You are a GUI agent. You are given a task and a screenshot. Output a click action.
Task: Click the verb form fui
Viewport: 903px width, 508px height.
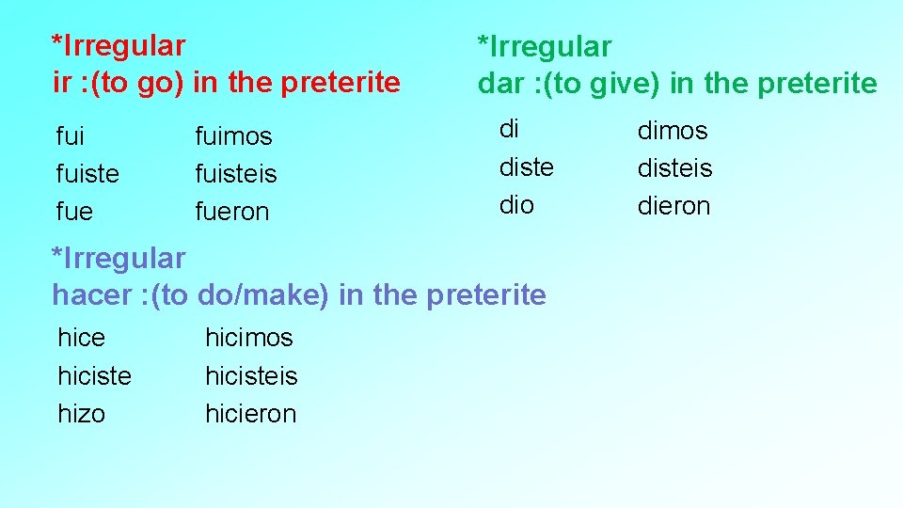(71, 136)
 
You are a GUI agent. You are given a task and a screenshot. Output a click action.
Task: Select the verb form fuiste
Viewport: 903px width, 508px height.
(87, 174)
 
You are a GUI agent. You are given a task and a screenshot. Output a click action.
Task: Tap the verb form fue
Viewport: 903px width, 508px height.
(74, 212)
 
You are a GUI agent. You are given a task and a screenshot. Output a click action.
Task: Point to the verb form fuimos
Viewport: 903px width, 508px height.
(233, 136)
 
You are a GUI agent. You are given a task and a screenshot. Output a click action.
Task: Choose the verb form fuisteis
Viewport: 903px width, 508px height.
(235, 174)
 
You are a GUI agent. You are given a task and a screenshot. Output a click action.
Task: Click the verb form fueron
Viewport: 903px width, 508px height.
(231, 212)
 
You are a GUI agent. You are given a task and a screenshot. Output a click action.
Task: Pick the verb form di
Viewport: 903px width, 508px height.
(509, 130)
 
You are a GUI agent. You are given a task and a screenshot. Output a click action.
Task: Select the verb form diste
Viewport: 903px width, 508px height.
(526, 167)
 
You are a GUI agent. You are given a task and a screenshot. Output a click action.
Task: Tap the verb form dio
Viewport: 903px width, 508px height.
(516, 205)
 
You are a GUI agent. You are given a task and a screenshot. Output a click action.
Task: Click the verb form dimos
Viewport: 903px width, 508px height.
(673, 130)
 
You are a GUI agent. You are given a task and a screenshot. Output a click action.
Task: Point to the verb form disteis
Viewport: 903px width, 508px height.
(674, 167)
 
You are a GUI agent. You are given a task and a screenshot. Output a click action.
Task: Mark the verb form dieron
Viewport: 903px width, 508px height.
(673, 205)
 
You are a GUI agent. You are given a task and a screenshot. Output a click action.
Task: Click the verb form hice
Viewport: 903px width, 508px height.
(82, 337)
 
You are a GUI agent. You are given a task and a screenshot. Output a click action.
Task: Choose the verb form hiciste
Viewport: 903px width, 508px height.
(94, 375)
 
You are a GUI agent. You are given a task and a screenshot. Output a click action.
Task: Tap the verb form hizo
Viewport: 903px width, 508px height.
(82, 413)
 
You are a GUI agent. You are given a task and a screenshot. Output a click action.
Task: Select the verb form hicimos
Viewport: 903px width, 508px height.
(249, 337)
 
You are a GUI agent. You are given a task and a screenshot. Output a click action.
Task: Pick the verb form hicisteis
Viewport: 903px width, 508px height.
(251, 375)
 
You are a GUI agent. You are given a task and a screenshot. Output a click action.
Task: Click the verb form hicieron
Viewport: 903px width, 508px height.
(250, 413)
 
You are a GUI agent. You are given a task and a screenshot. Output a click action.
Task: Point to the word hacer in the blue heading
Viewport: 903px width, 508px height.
(91, 294)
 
